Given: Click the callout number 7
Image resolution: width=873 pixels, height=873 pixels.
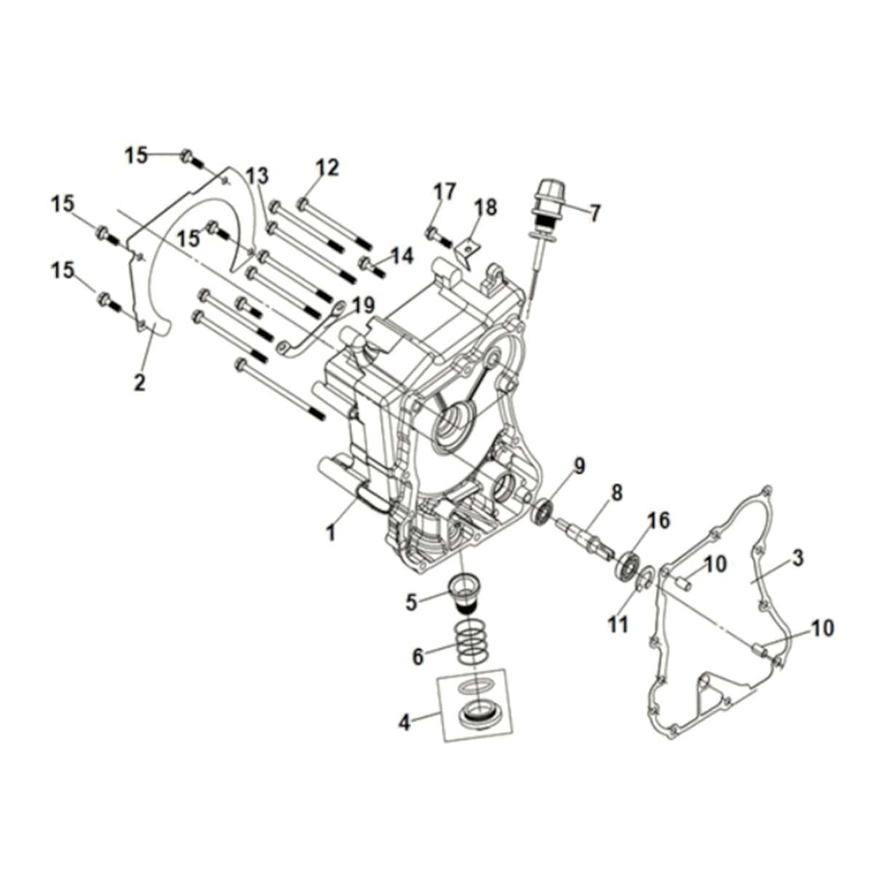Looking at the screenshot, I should click(595, 213).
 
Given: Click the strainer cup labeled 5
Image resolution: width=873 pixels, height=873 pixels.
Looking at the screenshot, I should click(466, 593).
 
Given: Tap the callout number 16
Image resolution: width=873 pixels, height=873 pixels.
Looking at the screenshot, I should click(658, 520).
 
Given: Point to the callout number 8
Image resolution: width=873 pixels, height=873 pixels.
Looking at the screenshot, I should click(617, 493).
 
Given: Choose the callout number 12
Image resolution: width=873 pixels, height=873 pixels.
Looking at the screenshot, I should click(327, 168).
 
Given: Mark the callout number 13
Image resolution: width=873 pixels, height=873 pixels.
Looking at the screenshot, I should click(256, 175).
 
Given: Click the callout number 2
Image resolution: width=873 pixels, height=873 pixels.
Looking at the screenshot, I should click(139, 381).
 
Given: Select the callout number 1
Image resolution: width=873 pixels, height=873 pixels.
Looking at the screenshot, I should click(331, 533).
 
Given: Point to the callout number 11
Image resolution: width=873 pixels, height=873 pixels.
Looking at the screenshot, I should click(618, 625).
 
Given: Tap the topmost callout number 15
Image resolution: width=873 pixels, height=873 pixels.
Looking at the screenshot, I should click(135, 155).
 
